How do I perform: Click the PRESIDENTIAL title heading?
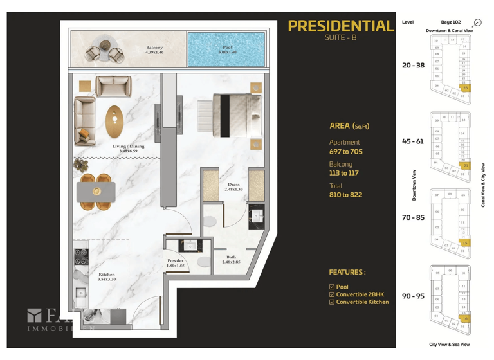(x=340, y=26)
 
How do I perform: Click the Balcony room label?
(x=154, y=50)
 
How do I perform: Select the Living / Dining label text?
(x=127, y=148)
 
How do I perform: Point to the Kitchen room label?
(x=106, y=277)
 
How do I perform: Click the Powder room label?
(x=176, y=263)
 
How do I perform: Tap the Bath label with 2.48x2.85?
(x=230, y=260)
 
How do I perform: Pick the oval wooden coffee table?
(x=116, y=120)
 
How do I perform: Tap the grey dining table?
(x=96, y=192)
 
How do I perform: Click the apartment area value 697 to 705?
(x=345, y=152)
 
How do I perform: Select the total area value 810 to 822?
(x=345, y=194)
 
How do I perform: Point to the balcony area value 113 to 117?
(x=344, y=173)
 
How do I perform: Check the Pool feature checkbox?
(x=332, y=287)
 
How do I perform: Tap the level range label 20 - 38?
(x=413, y=65)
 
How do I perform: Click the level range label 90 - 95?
(x=413, y=296)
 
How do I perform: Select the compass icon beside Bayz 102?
(x=477, y=22)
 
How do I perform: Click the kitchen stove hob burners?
(x=81, y=257)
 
